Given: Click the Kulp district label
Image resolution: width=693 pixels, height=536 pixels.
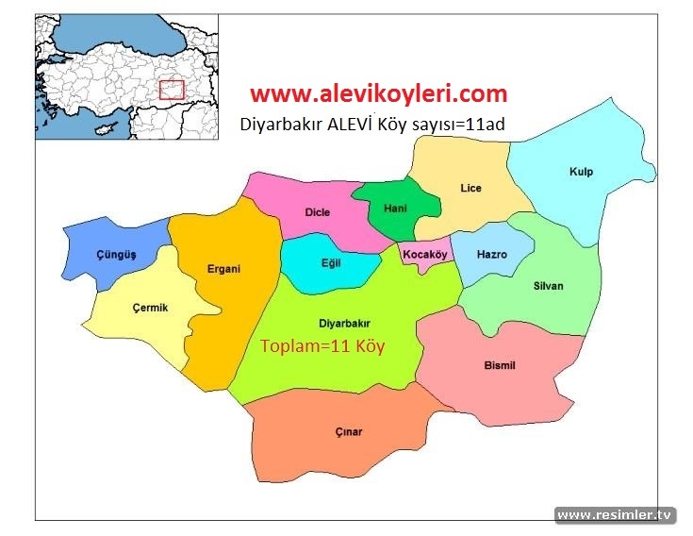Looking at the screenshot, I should (x=582, y=172).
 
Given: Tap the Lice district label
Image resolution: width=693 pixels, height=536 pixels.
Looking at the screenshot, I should (x=470, y=189).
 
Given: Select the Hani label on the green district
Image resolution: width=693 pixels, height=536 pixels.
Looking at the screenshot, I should (x=396, y=209).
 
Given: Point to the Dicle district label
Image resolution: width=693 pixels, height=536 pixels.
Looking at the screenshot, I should (x=318, y=212).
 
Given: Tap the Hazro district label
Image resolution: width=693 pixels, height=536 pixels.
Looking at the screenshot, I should (x=492, y=255).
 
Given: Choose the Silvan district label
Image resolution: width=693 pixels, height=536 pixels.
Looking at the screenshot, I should (x=548, y=286).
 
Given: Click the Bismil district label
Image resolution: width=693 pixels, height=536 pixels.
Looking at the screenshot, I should (x=500, y=366).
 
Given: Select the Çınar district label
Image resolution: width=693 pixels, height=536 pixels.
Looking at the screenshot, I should (x=348, y=432).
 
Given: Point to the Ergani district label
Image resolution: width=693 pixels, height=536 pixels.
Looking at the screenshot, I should (x=223, y=269).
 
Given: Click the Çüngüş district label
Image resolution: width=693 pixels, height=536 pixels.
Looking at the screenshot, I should (x=117, y=256).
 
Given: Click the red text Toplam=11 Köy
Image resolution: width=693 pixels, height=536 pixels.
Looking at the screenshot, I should (x=322, y=345).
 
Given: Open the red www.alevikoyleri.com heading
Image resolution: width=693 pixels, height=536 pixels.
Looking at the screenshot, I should (x=378, y=93).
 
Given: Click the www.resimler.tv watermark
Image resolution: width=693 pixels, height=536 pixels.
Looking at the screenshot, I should (x=616, y=515).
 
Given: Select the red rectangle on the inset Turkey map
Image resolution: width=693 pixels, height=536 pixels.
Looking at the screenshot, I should (x=171, y=90).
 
